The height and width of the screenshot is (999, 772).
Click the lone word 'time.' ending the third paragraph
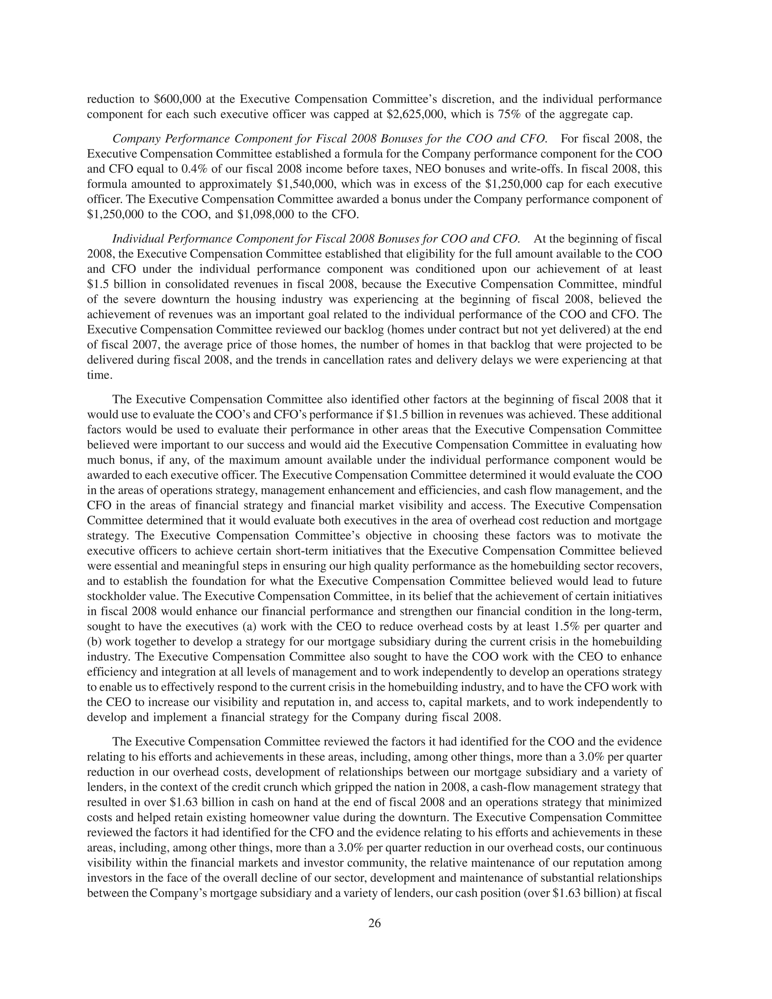99,375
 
